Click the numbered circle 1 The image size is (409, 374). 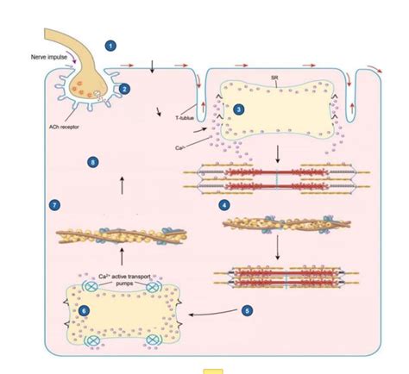point(110,45)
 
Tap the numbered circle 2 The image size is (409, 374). point(125,88)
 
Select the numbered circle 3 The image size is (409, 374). point(239,109)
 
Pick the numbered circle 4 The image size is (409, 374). point(224,205)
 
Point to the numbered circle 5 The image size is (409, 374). point(247,309)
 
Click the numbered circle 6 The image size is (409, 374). point(85,309)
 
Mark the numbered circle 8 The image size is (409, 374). point(94,161)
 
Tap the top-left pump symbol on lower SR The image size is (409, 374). point(89,279)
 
